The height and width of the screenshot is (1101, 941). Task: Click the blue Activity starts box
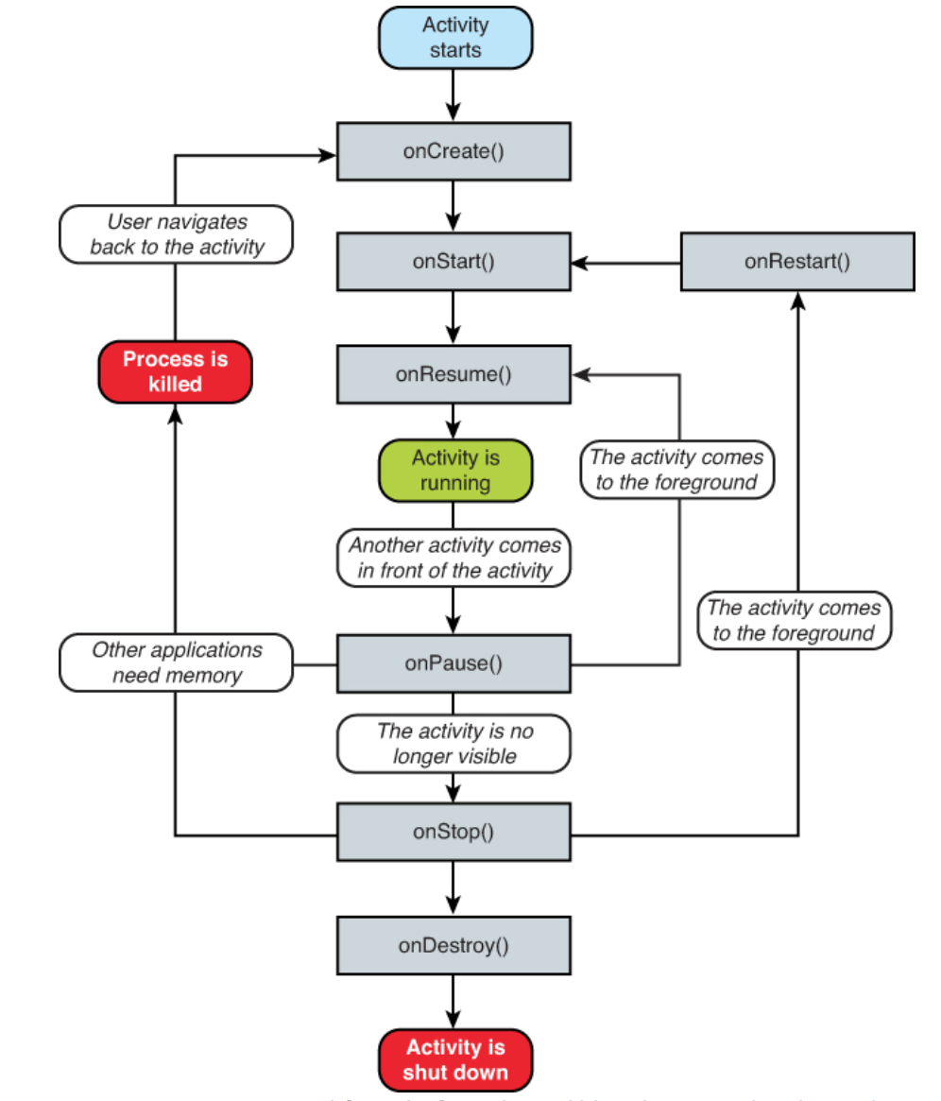tap(454, 38)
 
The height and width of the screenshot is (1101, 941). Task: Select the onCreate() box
tap(453, 151)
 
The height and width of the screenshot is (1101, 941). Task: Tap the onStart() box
tap(453, 261)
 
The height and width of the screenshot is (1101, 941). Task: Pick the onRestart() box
tap(796, 261)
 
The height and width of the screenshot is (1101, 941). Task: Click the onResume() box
tap(453, 373)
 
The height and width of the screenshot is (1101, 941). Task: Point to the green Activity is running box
tap(454, 470)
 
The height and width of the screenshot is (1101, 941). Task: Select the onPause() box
tap(453, 663)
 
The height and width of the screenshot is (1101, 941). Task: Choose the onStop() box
tap(453, 832)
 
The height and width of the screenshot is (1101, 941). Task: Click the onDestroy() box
tap(453, 945)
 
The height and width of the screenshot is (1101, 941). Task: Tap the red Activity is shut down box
tap(454, 1059)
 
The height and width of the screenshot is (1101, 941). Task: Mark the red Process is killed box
tap(175, 371)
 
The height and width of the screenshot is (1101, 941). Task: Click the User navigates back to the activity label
tap(176, 235)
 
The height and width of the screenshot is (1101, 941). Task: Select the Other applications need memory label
tap(176, 662)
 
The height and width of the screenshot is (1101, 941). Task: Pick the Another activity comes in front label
tap(454, 558)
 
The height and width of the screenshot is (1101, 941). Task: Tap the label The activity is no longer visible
tap(454, 743)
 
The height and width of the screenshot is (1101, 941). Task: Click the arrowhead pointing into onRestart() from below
tap(797, 301)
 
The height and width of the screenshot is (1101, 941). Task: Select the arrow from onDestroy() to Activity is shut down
tap(453, 1002)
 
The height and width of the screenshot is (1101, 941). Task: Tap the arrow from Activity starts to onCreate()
tap(453, 95)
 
